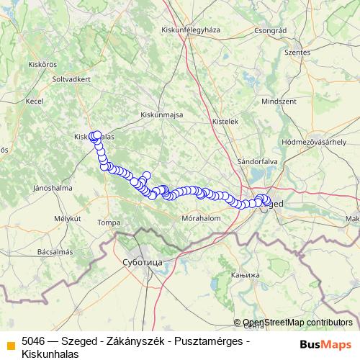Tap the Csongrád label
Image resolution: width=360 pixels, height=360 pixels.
[x=271, y=31]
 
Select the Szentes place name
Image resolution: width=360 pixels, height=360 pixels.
[x=297, y=53]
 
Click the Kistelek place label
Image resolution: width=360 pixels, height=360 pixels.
[x=228, y=122]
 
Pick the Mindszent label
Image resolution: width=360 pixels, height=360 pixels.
[x=279, y=102]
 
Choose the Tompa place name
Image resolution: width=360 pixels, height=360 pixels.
[x=109, y=222]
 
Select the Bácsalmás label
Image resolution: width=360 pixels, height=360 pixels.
[x=55, y=252]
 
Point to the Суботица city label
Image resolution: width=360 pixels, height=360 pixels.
[x=143, y=262]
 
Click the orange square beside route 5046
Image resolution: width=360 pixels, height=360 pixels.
[x=11, y=344]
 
